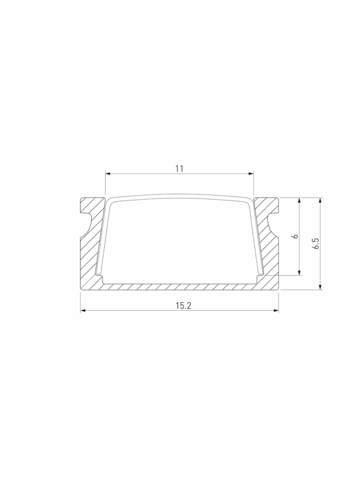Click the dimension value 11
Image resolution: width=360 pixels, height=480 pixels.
coord(179,169)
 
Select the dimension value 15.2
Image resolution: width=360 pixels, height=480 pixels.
coord(184,305)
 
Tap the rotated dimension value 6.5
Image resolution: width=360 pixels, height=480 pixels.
coord(316,244)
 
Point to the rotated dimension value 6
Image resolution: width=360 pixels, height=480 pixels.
coord(295,236)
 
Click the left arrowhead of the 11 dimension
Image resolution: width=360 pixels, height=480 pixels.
coord(108,174)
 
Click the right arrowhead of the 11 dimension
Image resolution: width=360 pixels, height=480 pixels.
coord(251,174)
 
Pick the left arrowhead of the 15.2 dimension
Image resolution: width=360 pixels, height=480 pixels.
coord(83,311)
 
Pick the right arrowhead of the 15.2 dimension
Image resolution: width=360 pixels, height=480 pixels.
coord(276,311)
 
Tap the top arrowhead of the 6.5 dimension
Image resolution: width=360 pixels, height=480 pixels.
coord(320,200)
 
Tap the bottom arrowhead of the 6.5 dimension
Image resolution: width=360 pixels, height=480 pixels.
coord(320,287)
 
